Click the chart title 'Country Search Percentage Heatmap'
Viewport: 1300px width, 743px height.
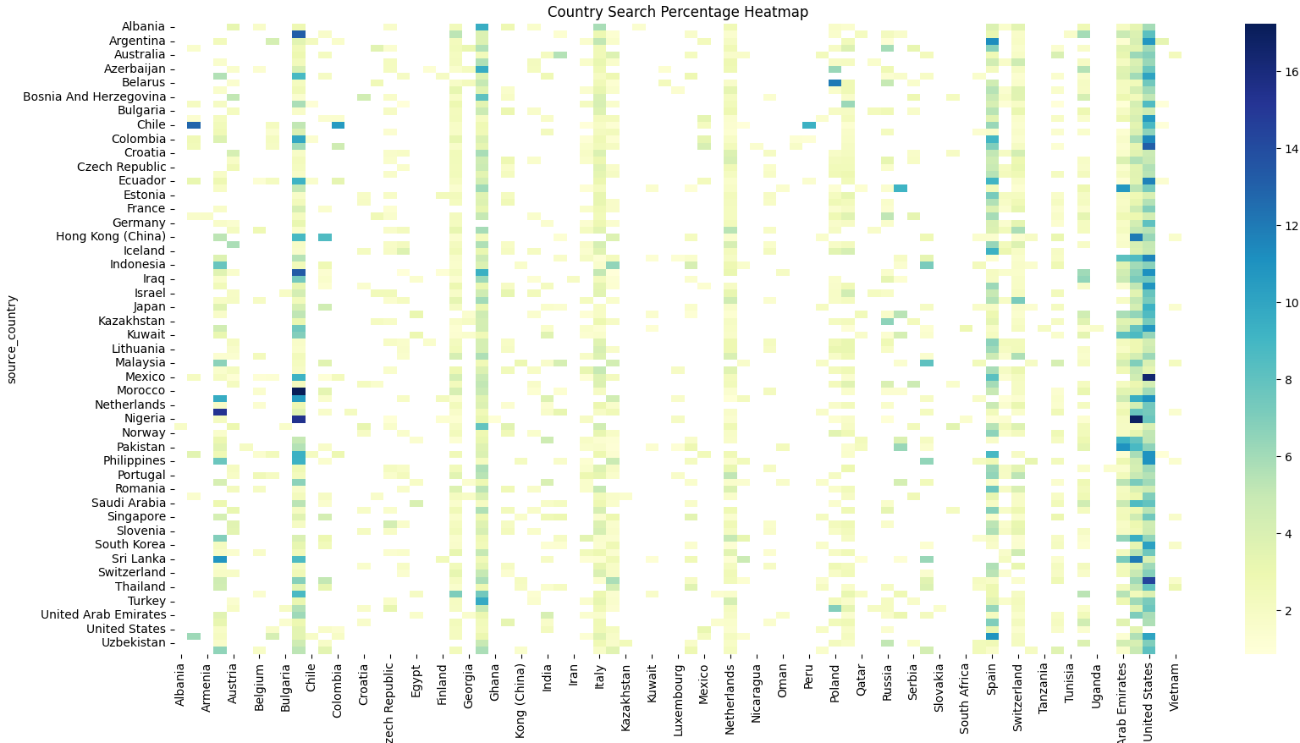point(677,12)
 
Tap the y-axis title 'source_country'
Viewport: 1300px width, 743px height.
point(12,339)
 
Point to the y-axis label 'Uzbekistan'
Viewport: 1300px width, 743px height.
point(134,642)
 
